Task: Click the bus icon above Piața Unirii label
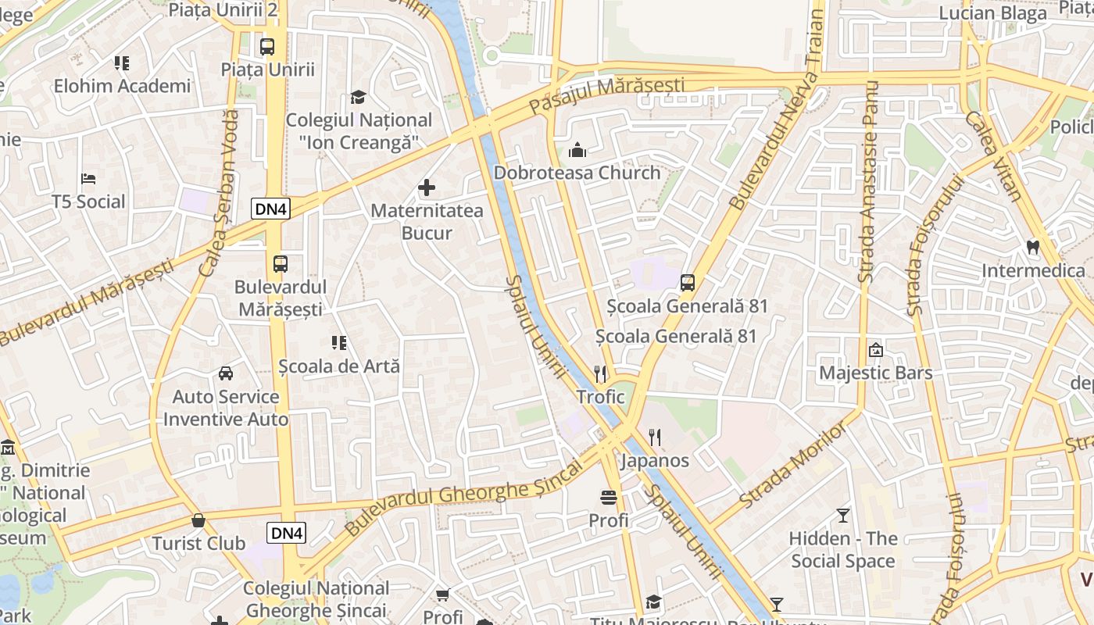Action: [267, 46]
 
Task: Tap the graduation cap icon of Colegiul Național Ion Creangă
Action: [358, 97]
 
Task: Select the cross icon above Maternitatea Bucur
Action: [427, 187]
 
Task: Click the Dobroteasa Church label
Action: [577, 173]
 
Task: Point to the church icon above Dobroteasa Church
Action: [577, 150]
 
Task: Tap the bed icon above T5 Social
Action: [88, 179]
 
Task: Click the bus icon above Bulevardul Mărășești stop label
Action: [281, 264]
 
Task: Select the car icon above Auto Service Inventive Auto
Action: [226, 373]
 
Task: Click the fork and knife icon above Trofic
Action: [600, 374]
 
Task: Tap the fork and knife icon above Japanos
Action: [655, 437]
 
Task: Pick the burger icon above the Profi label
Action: [609, 497]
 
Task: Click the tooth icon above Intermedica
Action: [1033, 248]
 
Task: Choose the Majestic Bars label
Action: [875, 373]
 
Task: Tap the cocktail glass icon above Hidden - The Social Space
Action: [842, 516]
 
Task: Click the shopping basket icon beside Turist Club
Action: [198, 520]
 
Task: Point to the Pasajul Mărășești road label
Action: [606, 95]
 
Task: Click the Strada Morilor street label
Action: [792, 466]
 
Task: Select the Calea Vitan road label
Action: [993, 155]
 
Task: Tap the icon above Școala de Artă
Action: [338, 342]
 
